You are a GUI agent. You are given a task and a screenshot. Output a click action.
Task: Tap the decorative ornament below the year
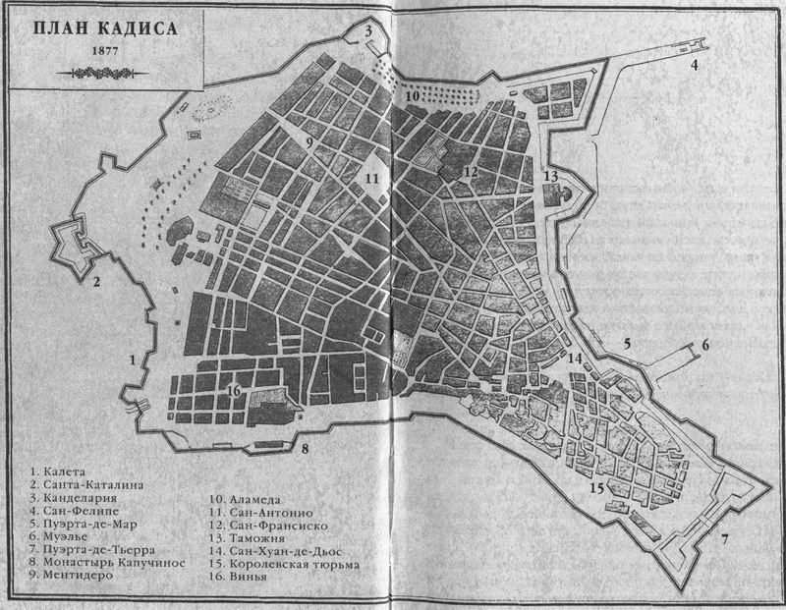105,71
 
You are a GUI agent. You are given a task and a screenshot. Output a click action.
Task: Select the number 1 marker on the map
133,360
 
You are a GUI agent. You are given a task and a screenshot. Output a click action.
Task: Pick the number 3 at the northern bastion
369,31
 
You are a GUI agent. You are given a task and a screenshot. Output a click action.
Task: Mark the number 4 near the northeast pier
694,66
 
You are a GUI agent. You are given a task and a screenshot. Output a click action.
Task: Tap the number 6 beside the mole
703,346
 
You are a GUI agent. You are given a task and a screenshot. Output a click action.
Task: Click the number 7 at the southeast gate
725,538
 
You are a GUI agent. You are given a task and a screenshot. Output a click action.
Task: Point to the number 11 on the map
370,179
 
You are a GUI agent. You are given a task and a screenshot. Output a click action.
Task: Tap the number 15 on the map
596,488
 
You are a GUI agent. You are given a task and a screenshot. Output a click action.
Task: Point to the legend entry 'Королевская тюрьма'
295,565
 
